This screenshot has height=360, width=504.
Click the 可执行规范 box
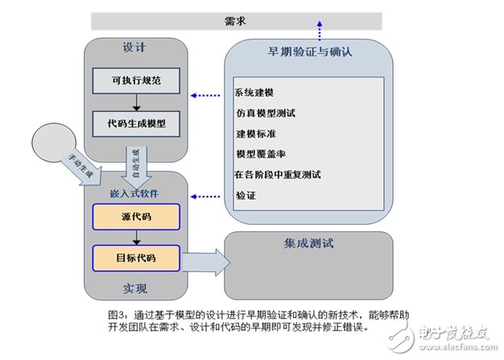pos(135,80)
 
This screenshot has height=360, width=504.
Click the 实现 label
pos(135,288)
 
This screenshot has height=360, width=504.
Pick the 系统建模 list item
pos(254,91)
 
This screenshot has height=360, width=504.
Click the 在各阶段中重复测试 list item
pos(278,174)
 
